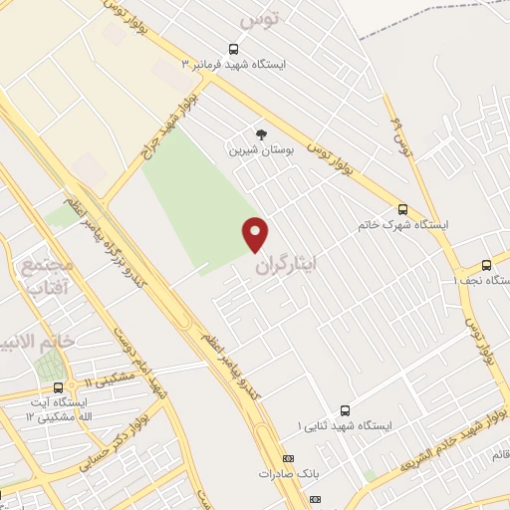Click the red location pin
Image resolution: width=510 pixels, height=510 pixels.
coord(256,234)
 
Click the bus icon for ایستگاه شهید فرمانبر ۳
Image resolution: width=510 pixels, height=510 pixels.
coord(233,49)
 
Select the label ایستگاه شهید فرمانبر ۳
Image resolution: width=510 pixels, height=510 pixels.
coord(233,65)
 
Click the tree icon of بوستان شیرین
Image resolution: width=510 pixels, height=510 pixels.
coord(261,133)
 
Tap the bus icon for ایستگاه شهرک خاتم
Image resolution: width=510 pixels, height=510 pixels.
coord(402,209)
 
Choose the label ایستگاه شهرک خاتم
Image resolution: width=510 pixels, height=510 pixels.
coord(402,225)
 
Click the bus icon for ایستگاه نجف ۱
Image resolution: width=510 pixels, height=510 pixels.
coord(486,265)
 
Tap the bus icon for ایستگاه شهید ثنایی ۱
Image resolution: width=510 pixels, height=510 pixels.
coord(345,410)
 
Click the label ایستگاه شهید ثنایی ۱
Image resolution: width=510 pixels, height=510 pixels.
coord(345,426)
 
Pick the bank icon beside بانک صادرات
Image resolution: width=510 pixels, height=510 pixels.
coord(289,458)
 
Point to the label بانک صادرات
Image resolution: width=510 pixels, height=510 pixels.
coord(289,474)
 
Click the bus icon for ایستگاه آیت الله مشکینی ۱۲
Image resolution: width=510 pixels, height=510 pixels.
coord(58,387)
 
